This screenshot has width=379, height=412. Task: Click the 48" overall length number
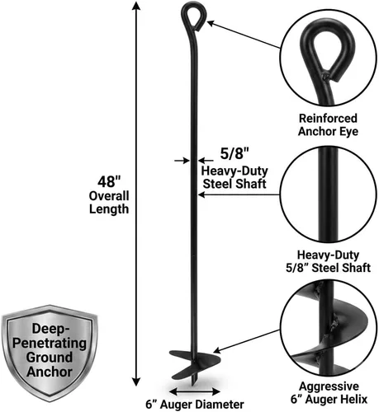[x=109, y=182]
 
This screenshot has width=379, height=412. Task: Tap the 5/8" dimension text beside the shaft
[x=235, y=153]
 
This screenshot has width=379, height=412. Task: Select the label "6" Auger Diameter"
[x=195, y=405]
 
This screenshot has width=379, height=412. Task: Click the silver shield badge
[x=50, y=353]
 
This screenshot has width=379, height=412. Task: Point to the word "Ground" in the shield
[x=50, y=357]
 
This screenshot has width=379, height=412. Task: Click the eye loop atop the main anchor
[x=193, y=16]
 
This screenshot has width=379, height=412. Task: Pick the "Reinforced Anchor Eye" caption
[x=328, y=124]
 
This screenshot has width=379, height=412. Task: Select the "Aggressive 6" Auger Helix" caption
[x=329, y=392]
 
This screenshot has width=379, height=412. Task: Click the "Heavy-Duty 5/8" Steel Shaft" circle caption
[x=328, y=261]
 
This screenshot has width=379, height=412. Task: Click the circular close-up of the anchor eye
[x=328, y=59]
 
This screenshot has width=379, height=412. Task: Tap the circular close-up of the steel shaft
[x=328, y=194]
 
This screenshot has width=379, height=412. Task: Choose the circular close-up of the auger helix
[x=329, y=328]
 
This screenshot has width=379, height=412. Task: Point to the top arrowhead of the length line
[x=136, y=6]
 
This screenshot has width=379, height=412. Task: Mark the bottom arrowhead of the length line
[x=136, y=382]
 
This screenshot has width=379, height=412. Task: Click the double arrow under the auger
[x=195, y=391]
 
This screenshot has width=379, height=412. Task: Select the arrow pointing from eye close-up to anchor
[x=244, y=35]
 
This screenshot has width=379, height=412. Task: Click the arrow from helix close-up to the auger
[x=247, y=341]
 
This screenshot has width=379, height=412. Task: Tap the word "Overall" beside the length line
[x=109, y=196]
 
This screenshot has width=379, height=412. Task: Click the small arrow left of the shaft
[x=182, y=161]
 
